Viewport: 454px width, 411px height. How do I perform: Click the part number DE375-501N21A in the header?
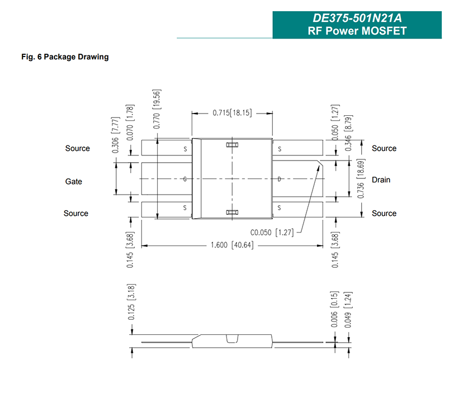(x=357, y=18)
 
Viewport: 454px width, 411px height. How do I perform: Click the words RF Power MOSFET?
(x=357, y=31)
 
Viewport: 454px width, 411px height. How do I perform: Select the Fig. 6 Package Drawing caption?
(x=65, y=57)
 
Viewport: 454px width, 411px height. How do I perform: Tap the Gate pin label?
(x=74, y=182)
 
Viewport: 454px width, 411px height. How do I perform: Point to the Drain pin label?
(x=381, y=180)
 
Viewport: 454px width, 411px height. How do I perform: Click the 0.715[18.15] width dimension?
(x=232, y=112)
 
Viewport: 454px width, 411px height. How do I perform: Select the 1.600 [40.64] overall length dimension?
(x=232, y=245)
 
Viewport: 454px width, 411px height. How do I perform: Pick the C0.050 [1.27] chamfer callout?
(x=272, y=232)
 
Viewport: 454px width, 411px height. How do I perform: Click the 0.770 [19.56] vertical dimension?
(x=157, y=109)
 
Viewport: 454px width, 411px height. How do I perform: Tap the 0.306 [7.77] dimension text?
(x=115, y=135)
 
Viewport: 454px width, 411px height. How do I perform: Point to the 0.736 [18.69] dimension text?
(x=361, y=178)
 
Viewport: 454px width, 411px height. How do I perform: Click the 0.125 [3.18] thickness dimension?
(x=131, y=302)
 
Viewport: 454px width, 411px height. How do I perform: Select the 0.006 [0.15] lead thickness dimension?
(x=334, y=309)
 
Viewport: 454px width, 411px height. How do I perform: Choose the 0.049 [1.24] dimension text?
(x=348, y=310)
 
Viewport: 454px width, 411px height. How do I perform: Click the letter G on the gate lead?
(x=185, y=179)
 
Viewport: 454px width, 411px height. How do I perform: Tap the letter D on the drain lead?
(x=279, y=179)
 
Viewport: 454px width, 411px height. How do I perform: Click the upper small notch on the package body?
(x=232, y=144)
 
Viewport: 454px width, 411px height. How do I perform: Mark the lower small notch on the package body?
(x=232, y=212)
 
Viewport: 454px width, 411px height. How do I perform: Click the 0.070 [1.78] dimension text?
(x=130, y=122)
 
